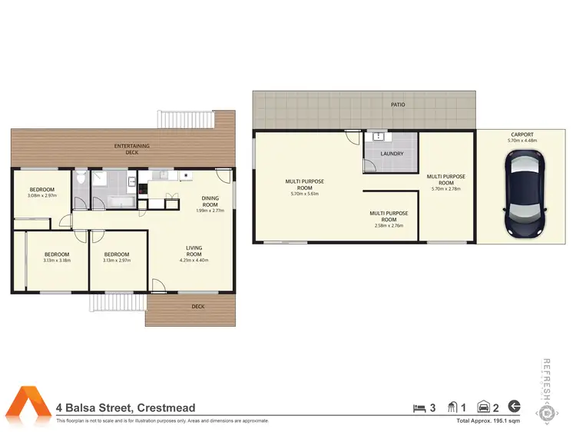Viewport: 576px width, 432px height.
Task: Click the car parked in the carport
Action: coord(525,192)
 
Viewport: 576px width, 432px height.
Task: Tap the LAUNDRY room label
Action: coord(391,154)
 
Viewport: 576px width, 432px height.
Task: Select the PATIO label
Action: coord(398,105)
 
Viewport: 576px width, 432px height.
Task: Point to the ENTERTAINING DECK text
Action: coord(132,149)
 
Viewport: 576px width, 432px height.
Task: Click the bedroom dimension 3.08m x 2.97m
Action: coord(42,196)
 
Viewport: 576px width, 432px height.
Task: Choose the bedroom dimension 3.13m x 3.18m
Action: coord(56,261)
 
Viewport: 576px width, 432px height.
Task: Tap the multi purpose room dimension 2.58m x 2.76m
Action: coord(388,225)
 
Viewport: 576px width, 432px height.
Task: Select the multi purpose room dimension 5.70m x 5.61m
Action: coord(305,194)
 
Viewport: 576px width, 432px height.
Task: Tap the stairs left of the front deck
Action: coord(118,303)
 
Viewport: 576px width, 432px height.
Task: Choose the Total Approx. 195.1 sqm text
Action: coord(488,421)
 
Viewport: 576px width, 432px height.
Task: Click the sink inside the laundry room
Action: coord(378,138)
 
